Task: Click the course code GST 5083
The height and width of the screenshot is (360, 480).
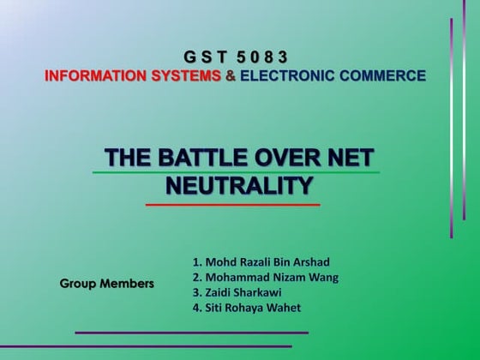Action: (x=236, y=57)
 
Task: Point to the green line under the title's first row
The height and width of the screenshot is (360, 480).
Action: (x=236, y=172)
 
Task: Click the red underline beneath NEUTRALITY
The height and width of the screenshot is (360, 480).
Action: (x=232, y=205)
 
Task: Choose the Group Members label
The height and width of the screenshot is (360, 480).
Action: (x=107, y=283)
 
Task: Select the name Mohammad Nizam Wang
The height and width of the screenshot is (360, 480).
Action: (x=267, y=277)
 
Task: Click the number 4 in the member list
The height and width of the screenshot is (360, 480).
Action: (x=196, y=308)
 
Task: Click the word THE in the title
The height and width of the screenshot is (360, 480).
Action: (x=123, y=159)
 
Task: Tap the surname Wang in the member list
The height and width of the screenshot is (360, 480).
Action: (x=322, y=277)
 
